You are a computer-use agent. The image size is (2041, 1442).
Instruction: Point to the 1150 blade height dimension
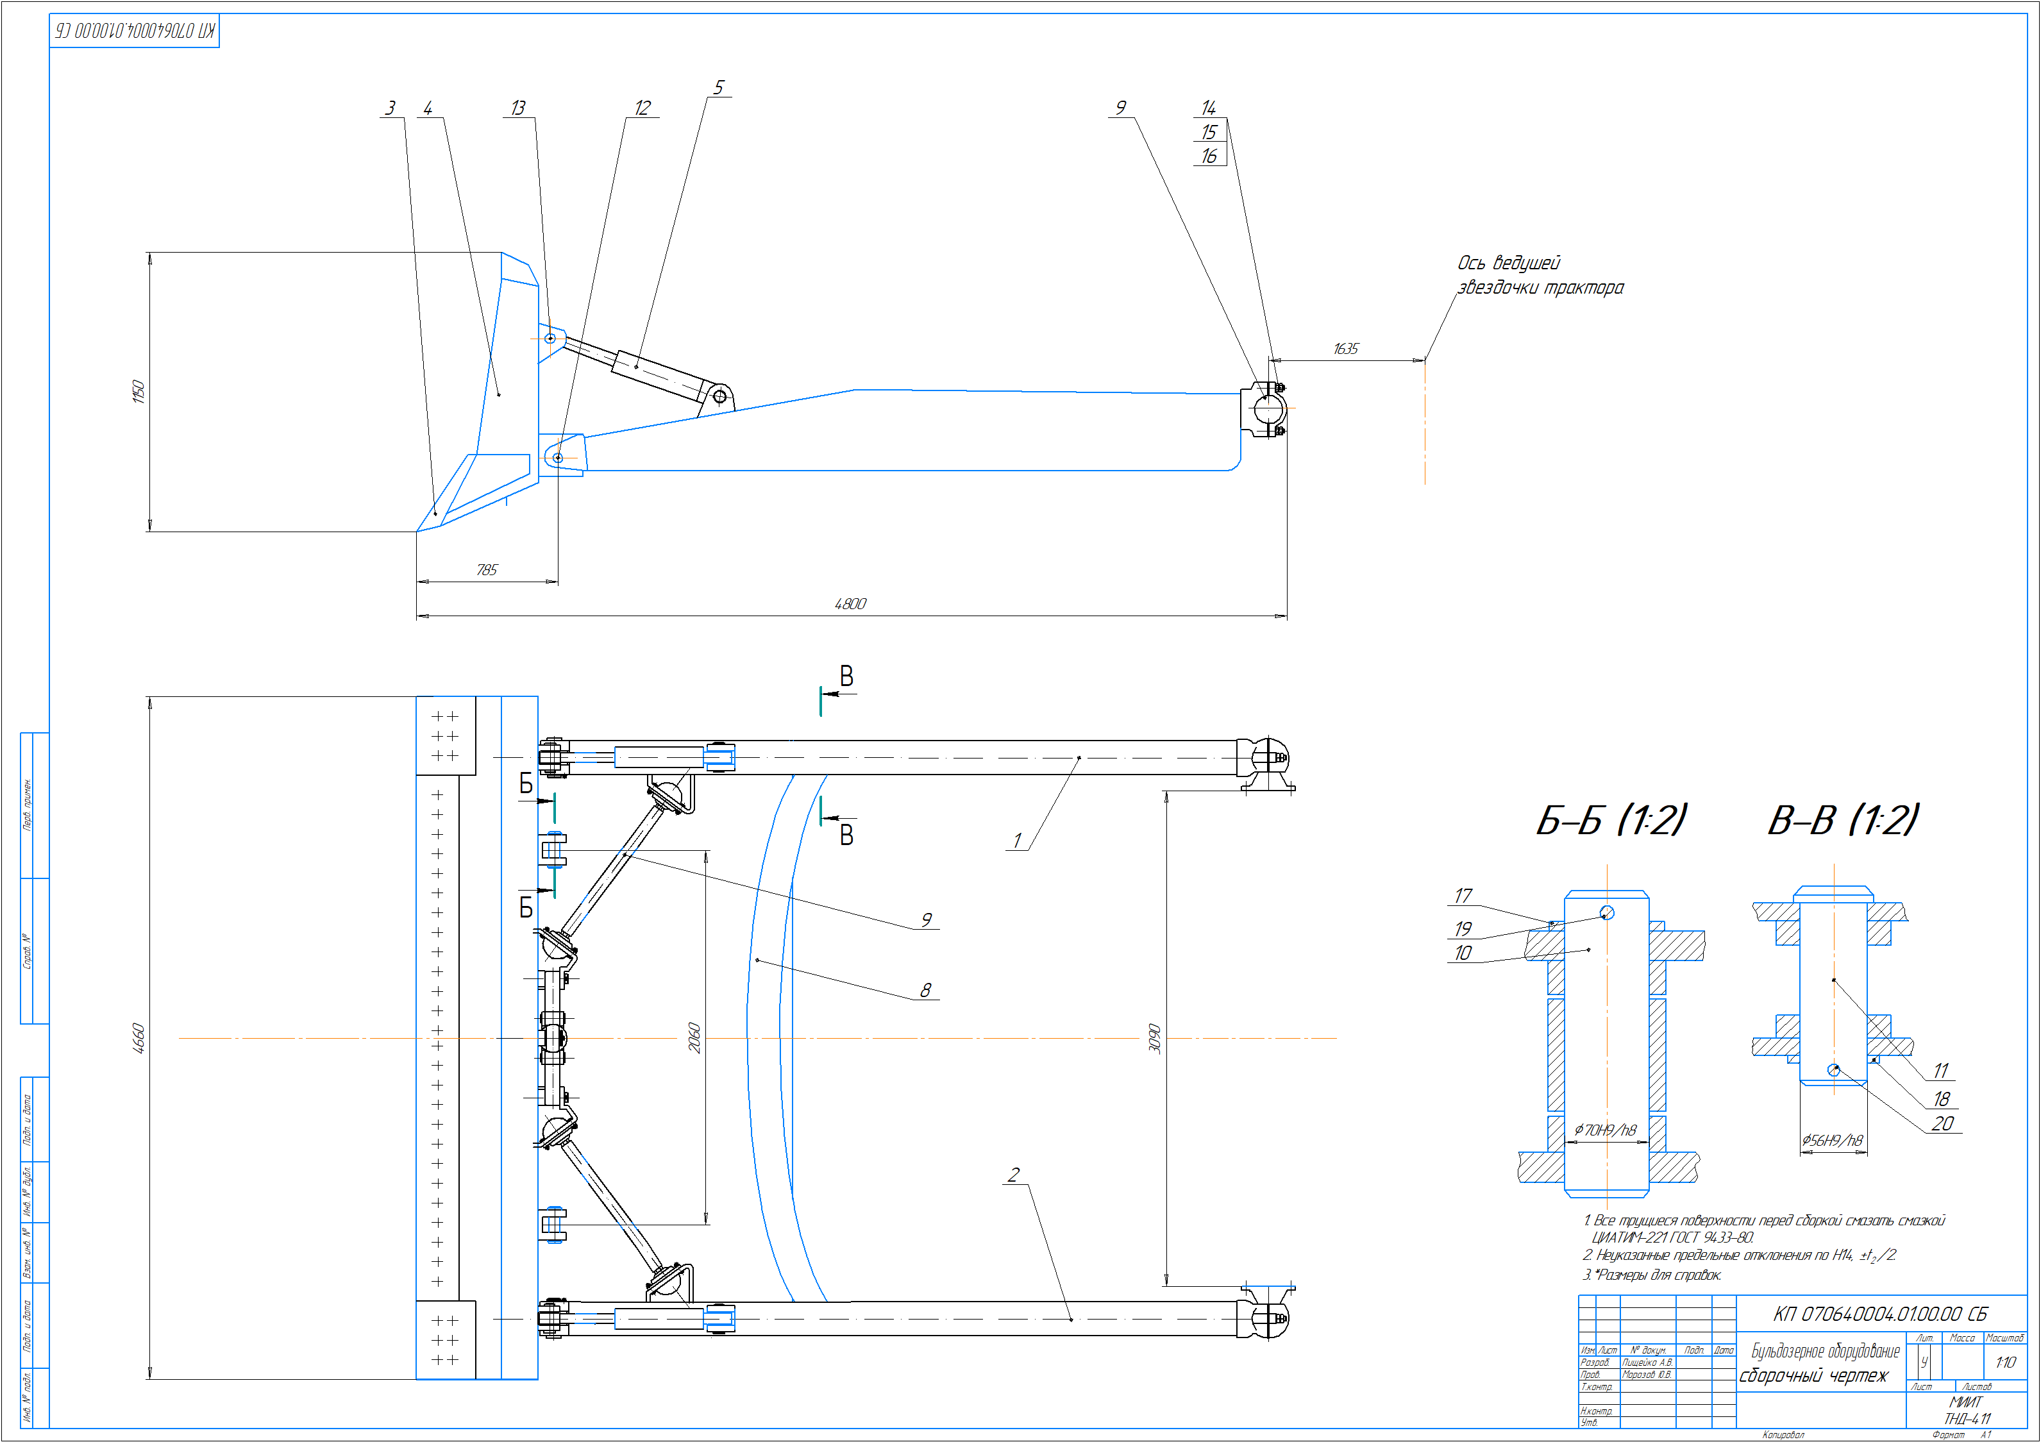point(139,391)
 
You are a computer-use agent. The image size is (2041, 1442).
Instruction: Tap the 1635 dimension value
point(1346,349)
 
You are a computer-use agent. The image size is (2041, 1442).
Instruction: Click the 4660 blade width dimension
point(139,1039)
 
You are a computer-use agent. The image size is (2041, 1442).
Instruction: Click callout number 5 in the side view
point(719,87)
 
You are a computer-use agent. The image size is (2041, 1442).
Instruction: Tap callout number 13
point(518,108)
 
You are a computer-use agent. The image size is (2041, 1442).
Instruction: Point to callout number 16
point(1209,156)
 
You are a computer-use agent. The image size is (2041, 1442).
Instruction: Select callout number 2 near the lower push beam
point(1013,1175)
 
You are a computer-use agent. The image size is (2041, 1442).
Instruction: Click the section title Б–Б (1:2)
point(1611,819)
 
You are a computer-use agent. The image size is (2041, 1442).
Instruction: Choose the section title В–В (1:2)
point(1844,819)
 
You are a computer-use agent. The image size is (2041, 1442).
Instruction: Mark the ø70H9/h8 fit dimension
point(1606,1130)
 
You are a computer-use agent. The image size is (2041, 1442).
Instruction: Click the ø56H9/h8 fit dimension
point(1832,1141)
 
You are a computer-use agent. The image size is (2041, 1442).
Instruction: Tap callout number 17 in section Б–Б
point(1463,895)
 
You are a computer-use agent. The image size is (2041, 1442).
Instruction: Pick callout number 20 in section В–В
point(1942,1124)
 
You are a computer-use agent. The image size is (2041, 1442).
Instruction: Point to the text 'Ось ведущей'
point(1509,263)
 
